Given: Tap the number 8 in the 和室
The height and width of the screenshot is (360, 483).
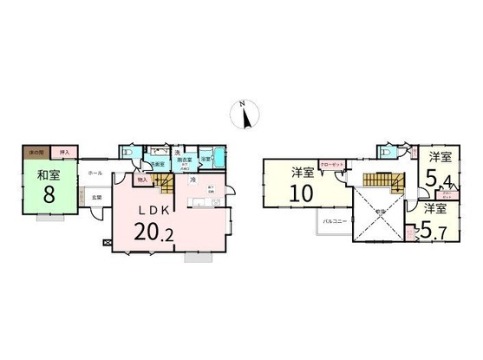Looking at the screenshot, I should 49,193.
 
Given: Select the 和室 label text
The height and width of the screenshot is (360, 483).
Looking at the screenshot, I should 49,176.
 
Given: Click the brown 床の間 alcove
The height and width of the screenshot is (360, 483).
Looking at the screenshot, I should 36,153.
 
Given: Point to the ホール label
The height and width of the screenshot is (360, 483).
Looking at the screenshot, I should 95,173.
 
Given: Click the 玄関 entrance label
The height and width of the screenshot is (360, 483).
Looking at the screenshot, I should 97,198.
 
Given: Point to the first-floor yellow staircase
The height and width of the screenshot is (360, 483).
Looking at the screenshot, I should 164,182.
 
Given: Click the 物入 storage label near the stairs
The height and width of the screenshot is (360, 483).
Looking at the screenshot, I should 141,180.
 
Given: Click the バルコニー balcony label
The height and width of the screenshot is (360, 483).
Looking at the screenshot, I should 336,223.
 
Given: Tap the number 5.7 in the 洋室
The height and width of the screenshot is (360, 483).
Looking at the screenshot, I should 432,231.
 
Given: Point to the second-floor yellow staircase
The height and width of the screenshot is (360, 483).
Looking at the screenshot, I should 381,181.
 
